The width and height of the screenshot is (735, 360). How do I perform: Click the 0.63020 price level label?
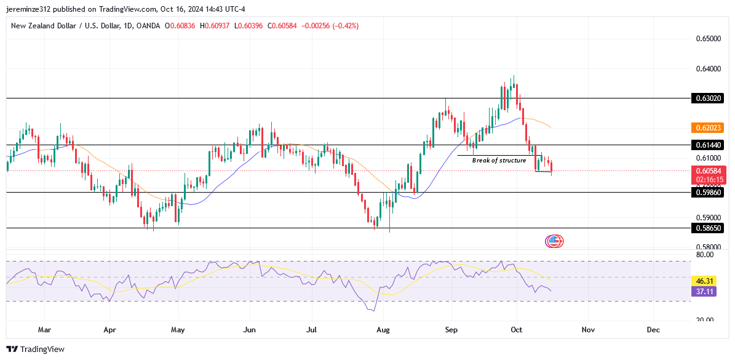pos(707,98)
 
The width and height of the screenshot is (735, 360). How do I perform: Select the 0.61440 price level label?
pos(707,145)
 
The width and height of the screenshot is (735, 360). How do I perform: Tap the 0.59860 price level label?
pos(707,192)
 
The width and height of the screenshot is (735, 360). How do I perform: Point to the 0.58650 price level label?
pos(707,228)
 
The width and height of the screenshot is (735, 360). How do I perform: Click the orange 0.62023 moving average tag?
pos(707,128)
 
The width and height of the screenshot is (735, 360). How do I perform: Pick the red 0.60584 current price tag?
pos(707,170)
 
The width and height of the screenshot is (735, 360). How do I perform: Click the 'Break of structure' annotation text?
pos(499,160)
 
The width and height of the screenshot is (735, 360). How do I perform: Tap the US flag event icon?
pos(554,241)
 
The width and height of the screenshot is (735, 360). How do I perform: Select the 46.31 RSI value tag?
pos(707,280)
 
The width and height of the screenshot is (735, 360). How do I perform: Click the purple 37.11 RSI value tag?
pos(707,291)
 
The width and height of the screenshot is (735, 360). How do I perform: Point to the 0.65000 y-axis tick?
pos(707,39)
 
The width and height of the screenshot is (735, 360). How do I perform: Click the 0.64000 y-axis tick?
pos(707,68)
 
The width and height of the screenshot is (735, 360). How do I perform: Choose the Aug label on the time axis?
pos(383,330)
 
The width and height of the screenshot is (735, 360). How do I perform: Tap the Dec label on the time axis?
pos(653,330)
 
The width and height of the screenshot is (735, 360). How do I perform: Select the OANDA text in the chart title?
pos(147,26)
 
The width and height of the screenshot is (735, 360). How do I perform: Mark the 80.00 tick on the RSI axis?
pos(705,254)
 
